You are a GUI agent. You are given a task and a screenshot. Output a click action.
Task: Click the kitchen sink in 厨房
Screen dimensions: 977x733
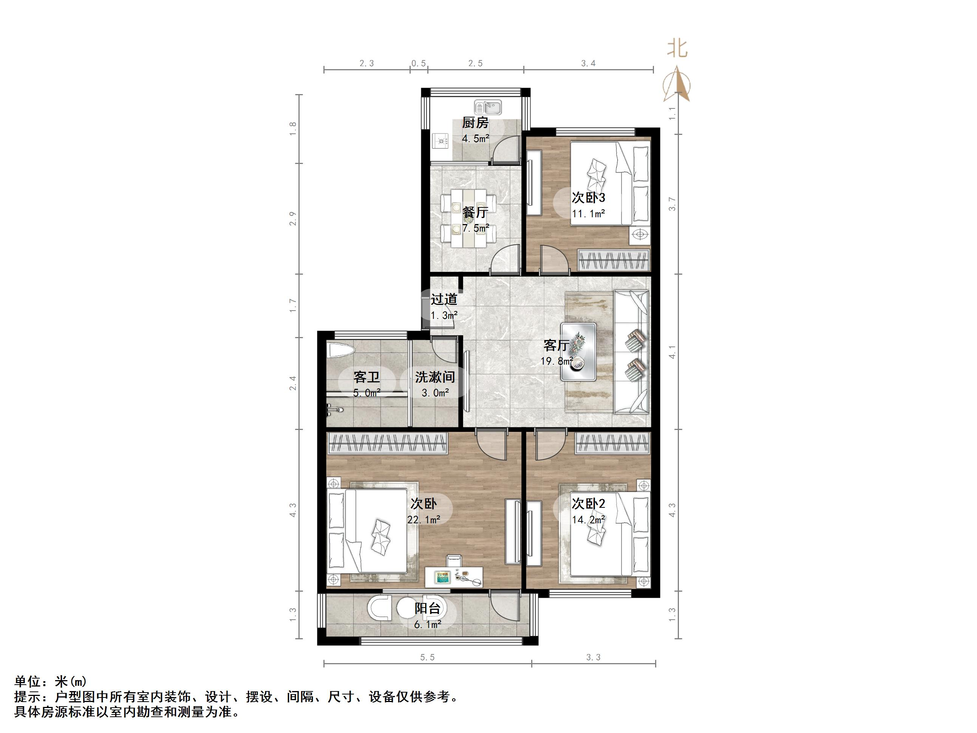point(488,107)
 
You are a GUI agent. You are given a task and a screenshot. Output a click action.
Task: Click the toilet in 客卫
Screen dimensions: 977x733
point(341,351)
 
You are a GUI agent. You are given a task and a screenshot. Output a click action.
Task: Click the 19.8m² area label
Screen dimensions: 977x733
point(557,361)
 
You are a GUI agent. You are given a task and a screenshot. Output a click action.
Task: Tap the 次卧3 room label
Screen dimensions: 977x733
point(588,197)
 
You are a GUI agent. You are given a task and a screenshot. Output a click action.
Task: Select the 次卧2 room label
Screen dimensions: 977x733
point(588,503)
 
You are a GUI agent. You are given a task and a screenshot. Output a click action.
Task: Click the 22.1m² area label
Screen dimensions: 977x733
point(424,520)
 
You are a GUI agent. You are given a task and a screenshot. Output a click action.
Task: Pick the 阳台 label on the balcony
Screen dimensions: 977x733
point(428,608)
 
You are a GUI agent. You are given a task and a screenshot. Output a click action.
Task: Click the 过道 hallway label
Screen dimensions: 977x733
point(444,299)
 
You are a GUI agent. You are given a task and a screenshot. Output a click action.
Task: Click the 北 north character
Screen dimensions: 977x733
point(677,48)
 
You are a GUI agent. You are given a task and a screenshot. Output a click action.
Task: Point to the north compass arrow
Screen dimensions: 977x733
point(677,84)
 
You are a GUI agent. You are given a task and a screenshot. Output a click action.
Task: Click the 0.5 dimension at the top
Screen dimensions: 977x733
point(419,63)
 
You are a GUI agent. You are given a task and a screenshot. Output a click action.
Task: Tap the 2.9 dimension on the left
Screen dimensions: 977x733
point(292,219)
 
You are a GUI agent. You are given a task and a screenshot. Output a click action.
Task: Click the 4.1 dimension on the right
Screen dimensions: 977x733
point(672,352)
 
